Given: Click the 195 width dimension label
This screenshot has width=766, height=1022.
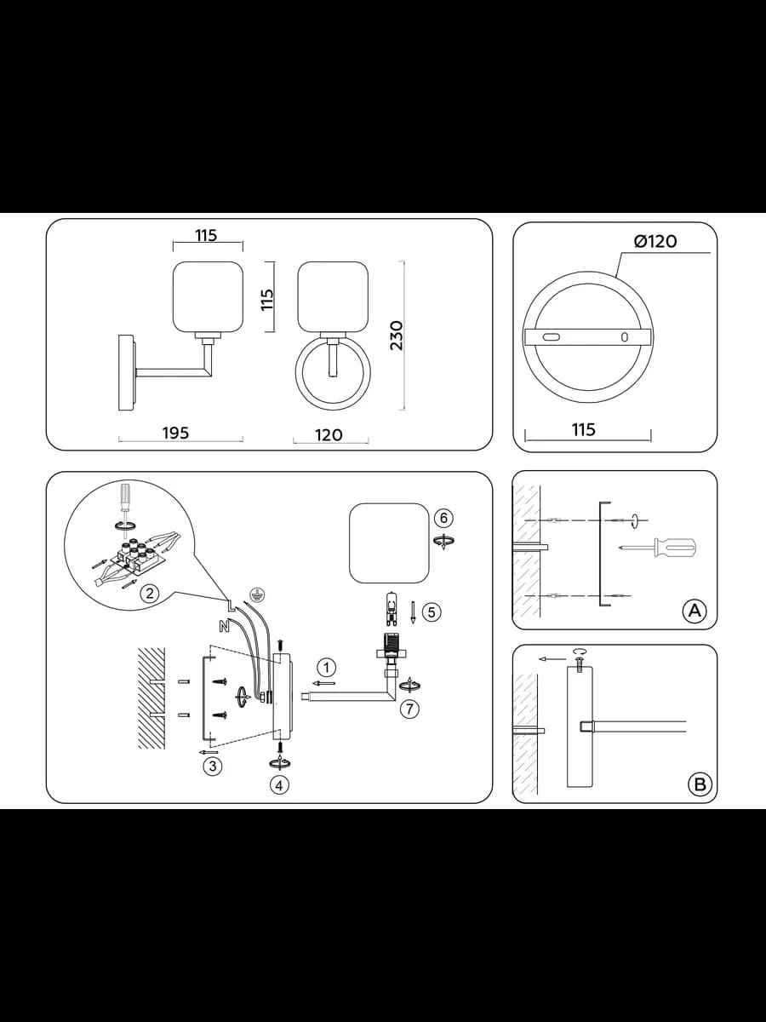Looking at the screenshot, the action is coord(176,433).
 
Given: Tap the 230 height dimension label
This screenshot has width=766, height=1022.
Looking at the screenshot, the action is coord(397,336).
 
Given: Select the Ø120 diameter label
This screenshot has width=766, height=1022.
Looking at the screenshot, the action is coord(655,241).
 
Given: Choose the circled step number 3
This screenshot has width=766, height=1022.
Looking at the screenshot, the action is coord(213,766).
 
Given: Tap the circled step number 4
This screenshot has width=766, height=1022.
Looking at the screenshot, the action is coord(279,785).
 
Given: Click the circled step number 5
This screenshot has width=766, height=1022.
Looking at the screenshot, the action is coord(432,612).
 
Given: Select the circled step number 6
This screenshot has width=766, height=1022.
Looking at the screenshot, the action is coord(443,518).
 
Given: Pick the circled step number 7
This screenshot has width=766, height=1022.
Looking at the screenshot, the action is coord(409,709).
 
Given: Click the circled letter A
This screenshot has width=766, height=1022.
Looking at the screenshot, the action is coord(695,610).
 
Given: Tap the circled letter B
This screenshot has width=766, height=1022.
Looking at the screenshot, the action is coord(700,784).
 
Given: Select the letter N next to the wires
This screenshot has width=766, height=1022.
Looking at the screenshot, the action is coord(224,627).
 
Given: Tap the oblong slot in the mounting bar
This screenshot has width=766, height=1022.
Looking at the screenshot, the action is coord(550,337).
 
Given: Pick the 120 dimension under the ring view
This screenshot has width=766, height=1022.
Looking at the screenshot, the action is coord(329,435).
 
